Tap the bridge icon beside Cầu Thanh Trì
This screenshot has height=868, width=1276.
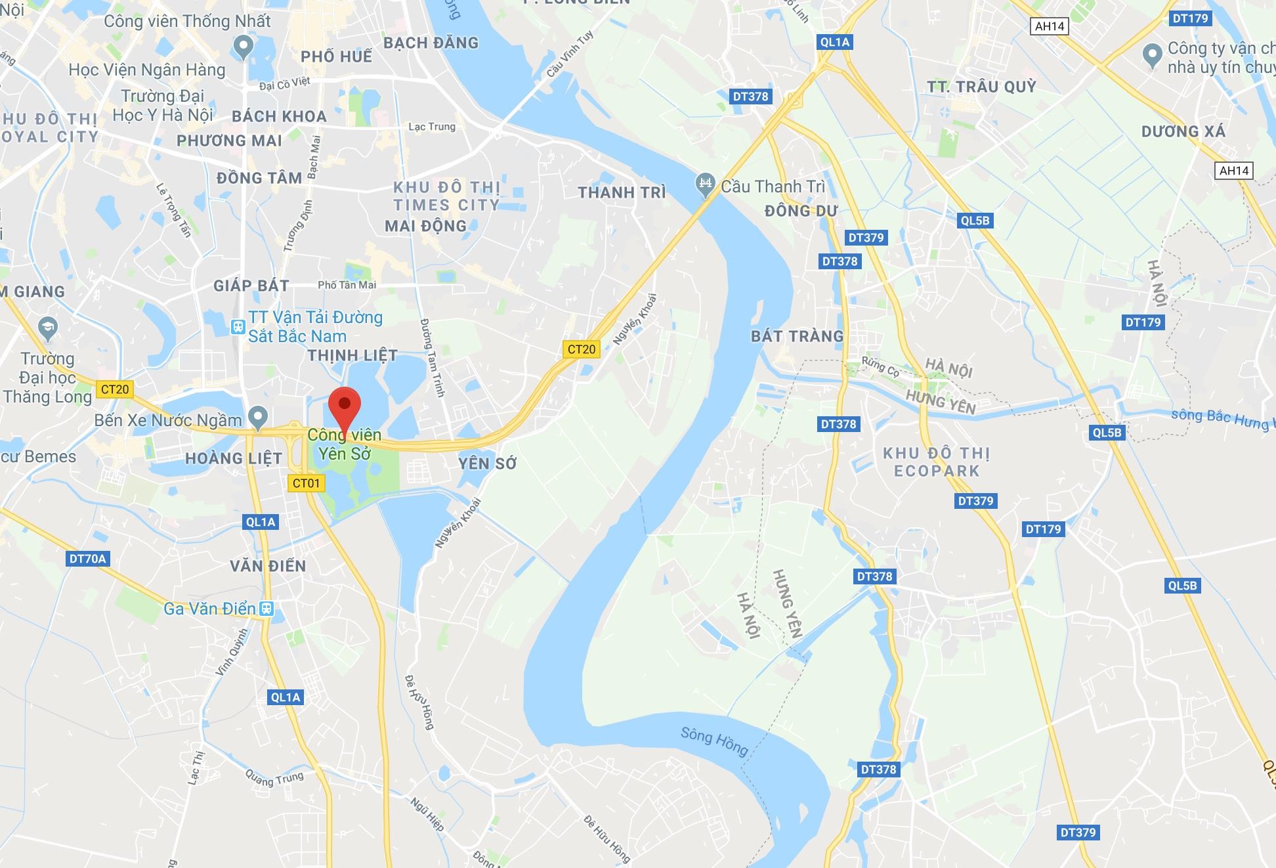click(705, 184)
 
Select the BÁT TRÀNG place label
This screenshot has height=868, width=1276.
click(797, 336)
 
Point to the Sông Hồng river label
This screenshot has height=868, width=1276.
click(714, 741)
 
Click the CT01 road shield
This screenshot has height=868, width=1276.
click(306, 483)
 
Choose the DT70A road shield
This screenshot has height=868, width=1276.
click(87, 559)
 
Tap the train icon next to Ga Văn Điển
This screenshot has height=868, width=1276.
click(266, 608)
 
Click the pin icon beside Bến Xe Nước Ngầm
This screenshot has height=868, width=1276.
click(258, 416)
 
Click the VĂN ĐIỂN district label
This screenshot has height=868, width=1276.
click(268, 566)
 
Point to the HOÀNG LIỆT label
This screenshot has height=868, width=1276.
click(234, 458)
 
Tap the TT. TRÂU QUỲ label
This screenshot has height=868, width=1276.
click(981, 87)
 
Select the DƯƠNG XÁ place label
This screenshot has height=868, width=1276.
click(1183, 131)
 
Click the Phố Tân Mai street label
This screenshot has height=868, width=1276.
click(347, 285)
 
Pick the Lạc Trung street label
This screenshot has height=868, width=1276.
click(432, 126)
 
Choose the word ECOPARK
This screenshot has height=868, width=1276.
click(937, 471)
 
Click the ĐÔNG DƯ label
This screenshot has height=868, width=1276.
click(801, 211)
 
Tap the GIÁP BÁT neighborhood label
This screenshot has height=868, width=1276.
click(251, 286)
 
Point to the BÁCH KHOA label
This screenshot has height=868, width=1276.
click(279, 116)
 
